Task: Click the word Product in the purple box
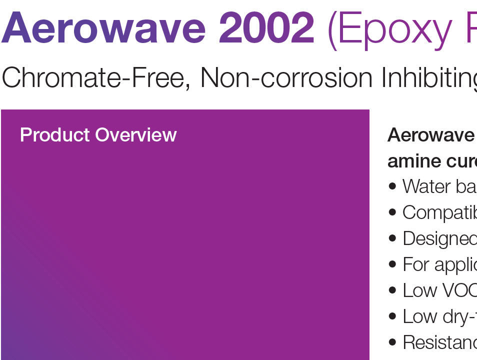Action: [55, 135]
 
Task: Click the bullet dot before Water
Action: [392, 186]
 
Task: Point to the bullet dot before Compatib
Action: [392, 212]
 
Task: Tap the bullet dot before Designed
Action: [392, 238]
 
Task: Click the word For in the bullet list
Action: [414, 264]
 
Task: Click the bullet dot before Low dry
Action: [392, 316]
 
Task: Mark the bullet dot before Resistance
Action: [392, 342]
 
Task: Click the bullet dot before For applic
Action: [392, 264]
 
